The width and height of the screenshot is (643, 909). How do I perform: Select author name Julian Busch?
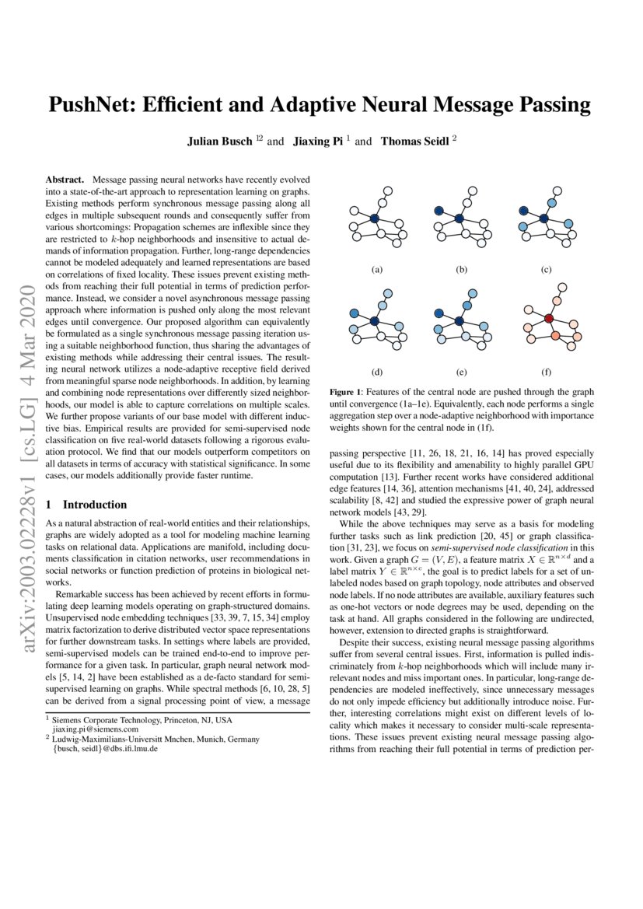[220, 142]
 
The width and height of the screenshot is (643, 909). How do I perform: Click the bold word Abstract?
[65, 180]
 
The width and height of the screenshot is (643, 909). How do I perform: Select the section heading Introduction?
[95, 505]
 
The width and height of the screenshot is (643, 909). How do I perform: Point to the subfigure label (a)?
[377, 269]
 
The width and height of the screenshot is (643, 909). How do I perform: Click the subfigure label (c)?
[546, 269]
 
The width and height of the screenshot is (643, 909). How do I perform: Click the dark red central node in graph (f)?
[549, 319]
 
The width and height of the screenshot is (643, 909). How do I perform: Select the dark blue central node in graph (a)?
[374, 219]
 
